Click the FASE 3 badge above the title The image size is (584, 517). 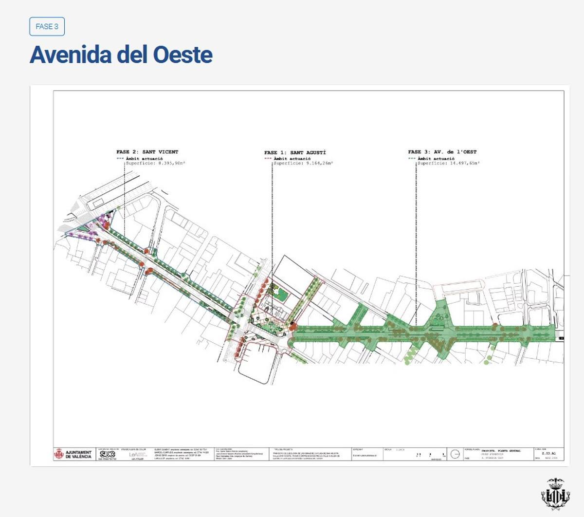tap(47, 27)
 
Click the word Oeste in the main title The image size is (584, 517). tap(183, 55)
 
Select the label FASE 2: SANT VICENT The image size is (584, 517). tap(147, 152)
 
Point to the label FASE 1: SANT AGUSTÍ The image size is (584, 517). tap(295, 152)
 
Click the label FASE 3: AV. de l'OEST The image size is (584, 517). tap(442, 152)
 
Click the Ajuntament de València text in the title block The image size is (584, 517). tap(78, 454)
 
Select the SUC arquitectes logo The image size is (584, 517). tap(107, 454)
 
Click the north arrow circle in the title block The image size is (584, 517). tap(455, 454)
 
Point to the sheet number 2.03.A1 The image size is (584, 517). tap(548, 453)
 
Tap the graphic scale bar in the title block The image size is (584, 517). tap(431, 455)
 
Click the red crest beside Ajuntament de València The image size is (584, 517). tap(59, 454)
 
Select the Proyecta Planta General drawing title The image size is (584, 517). tap(501, 451)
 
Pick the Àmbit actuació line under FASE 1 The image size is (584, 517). tap(292, 158)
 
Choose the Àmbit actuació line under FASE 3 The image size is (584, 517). tap(436, 158)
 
